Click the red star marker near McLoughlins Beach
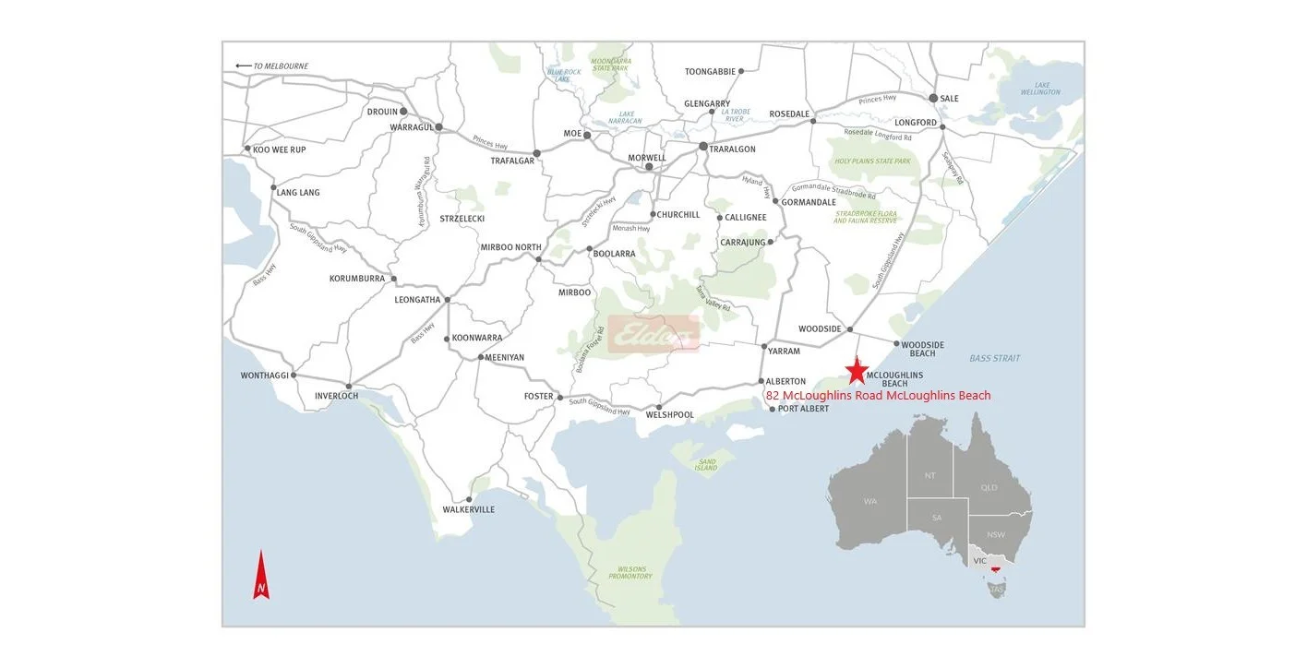coord(857,371)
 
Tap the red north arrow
coord(261,576)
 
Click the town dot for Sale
coord(933,98)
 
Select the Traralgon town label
coord(732,149)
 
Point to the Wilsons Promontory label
coord(630,572)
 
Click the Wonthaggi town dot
coord(294,376)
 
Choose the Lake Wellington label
coord(1040,89)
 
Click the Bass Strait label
coord(994,358)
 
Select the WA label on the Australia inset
coord(870,502)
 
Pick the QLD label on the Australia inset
coord(989,487)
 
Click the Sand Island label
coord(706,464)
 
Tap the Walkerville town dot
coord(469,499)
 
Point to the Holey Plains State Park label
coord(872,161)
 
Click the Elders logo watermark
coord(653,335)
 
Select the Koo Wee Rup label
coord(279,149)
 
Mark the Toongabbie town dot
coord(740,71)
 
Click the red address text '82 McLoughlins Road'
coord(878,396)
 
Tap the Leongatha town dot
coord(447,300)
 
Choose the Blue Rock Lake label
coord(563,76)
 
